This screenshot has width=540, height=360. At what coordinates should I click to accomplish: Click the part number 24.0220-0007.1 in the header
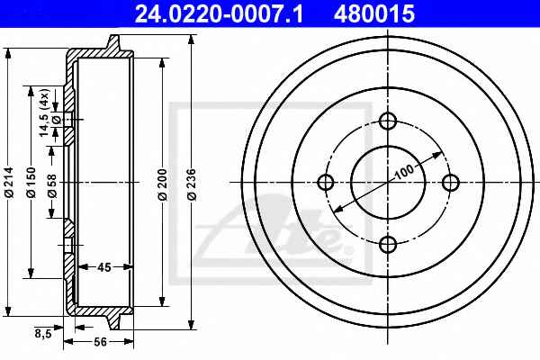point(219,14)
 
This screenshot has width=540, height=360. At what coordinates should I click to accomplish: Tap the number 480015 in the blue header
point(374,14)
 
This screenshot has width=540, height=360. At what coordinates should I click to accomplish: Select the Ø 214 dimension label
point(9,182)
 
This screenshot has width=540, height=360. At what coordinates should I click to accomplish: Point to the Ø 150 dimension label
point(31,182)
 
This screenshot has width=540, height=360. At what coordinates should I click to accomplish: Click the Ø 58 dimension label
point(52,185)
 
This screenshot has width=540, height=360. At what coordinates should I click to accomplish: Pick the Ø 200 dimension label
point(162,184)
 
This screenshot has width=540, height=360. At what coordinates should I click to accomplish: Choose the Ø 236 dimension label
point(192,184)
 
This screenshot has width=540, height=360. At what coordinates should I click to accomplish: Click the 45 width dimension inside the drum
point(104,267)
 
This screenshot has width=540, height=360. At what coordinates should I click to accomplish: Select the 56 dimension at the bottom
point(100,342)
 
